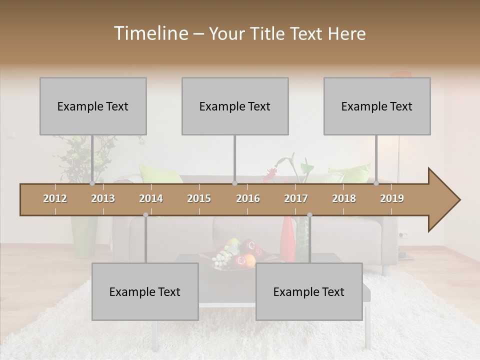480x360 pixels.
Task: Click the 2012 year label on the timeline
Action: pyautogui.click(x=55, y=198)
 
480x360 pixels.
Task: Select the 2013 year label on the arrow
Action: pyautogui.click(x=103, y=198)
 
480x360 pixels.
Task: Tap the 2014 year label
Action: pyautogui.click(x=151, y=198)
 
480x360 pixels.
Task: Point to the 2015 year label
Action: pyautogui.click(x=199, y=198)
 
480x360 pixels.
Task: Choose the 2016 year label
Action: pyautogui.click(x=248, y=198)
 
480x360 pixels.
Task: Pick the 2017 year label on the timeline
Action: pyautogui.click(x=296, y=198)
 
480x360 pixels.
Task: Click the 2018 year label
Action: pyautogui.click(x=344, y=198)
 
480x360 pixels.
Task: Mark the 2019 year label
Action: pyautogui.click(x=392, y=198)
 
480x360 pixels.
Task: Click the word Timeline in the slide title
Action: pyautogui.click(x=149, y=33)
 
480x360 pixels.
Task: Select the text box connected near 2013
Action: pyautogui.click(x=93, y=106)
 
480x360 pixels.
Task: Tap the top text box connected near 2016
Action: pyautogui.click(x=235, y=106)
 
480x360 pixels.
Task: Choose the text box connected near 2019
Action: pyautogui.click(x=377, y=106)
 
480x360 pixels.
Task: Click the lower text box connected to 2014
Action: pyautogui.click(x=145, y=291)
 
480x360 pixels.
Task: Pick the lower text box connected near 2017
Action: pyautogui.click(x=309, y=291)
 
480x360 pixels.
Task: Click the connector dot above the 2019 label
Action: pyautogui.click(x=376, y=183)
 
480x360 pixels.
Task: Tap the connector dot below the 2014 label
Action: pyautogui.click(x=145, y=215)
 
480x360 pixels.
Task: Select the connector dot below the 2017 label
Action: pyautogui.click(x=309, y=215)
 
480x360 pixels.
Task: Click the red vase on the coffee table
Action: pyautogui.click(x=287, y=240)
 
